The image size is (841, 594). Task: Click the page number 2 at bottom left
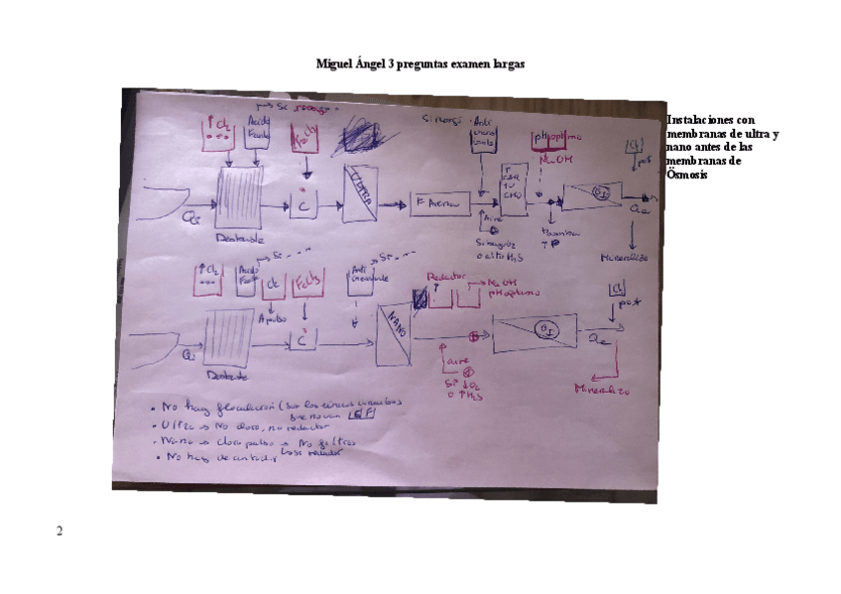pos(60,532)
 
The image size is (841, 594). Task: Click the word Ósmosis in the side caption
pos(688,175)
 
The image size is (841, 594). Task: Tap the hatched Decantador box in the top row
pos(238,199)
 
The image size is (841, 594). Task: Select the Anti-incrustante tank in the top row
pos(484,139)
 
